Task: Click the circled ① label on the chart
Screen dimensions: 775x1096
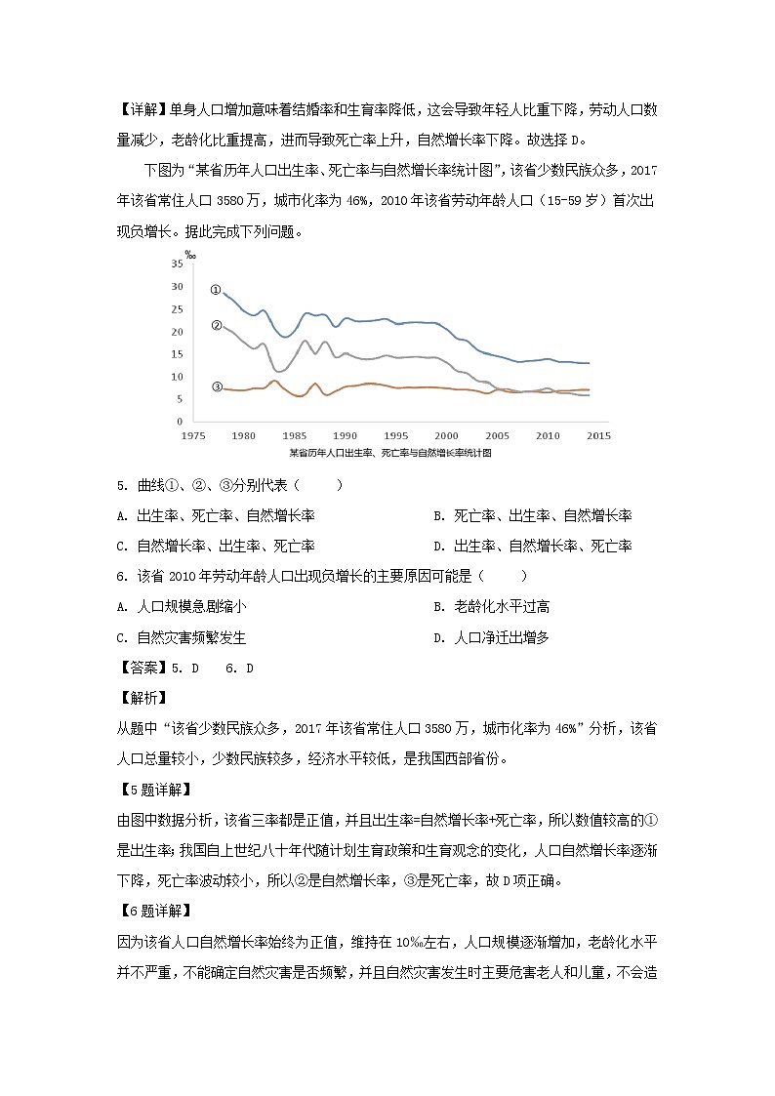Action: pyautogui.click(x=216, y=290)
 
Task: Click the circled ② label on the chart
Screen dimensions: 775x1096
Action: pyautogui.click(x=216, y=326)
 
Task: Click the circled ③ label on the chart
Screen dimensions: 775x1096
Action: pyautogui.click(x=216, y=386)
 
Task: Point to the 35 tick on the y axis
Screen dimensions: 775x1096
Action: pyautogui.click(x=176, y=264)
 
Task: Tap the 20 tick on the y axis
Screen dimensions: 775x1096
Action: pyautogui.click(x=176, y=332)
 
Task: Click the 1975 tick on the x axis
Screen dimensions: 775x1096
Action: pyautogui.click(x=192, y=436)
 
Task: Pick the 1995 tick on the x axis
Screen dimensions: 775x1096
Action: pyautogui.click(x=395, y=436)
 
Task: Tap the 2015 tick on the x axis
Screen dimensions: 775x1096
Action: pyautogui.click(x=598, y=436)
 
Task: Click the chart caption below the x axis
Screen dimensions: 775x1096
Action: pyautogui.click(x=389, y=453)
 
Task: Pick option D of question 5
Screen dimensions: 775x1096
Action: pyautogui.click(x=533, y=546)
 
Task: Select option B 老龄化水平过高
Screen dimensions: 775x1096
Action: pyautogui.click(x=491, y=607)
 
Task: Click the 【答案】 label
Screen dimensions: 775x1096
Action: pyautogui.click(x=142, y=668)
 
